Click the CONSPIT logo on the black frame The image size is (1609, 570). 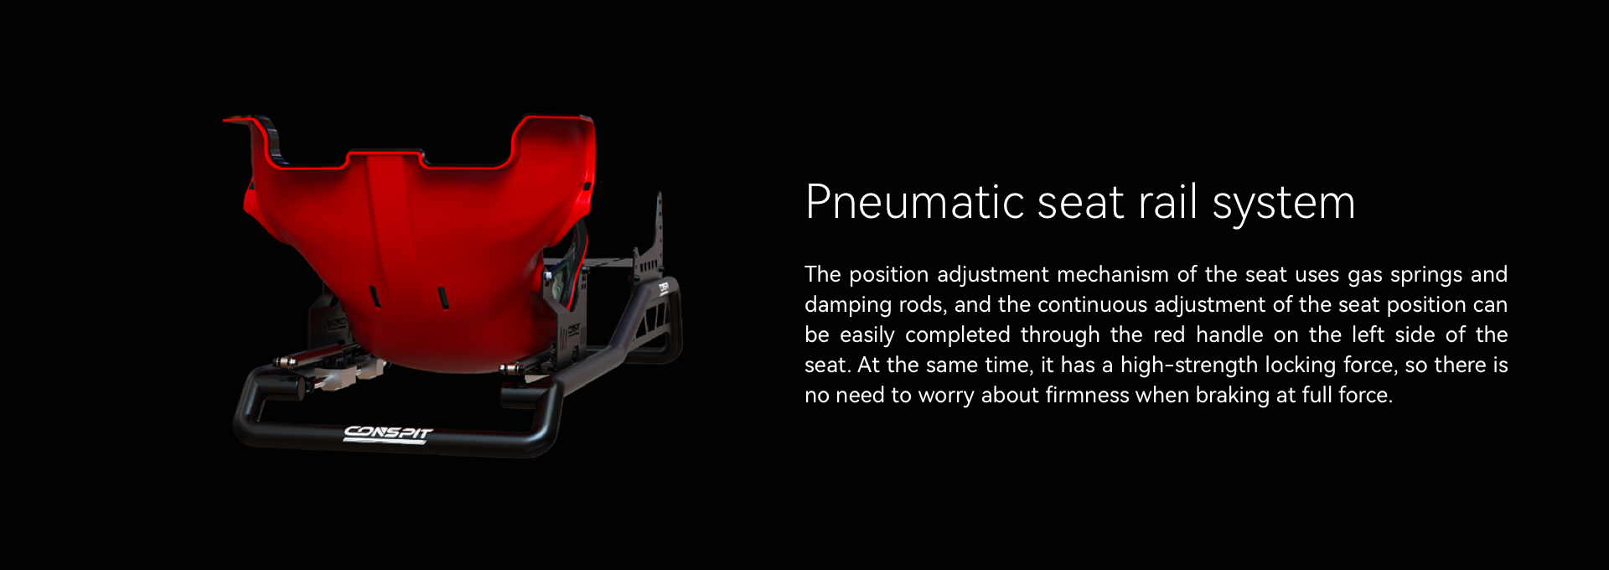click(x=388, y=434)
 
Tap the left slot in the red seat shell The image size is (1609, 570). click(x=373, y=297)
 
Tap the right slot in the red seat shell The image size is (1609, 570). click(x=442, y=298)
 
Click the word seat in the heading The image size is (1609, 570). click(x=1080, y=204)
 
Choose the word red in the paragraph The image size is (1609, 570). click(x=1170, y=334)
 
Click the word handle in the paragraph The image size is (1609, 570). click(x=1229, y=334)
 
